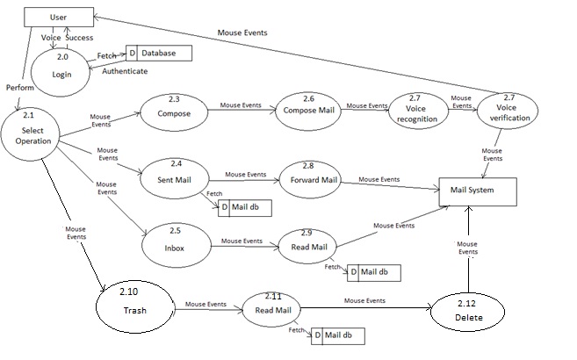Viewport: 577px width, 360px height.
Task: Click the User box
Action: click(x=59, y=17)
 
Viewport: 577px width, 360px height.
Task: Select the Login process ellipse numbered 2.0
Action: click(x=61, y=68)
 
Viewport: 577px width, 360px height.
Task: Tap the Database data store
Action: click(x=159, y=54)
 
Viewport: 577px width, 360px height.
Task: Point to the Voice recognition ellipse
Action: click(x=416, y=111)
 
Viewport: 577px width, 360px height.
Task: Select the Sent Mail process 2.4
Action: click(x=176, y=176)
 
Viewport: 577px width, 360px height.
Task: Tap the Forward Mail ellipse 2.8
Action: click(x=309, y=179)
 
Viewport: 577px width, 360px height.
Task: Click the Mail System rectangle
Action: click(x=478, y=190)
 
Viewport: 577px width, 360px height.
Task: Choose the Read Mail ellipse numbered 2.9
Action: click(x=308, y=247)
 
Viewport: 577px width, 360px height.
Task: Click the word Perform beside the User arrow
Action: click(x=20, y=89)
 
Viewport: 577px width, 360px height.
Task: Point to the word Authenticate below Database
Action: click(x=124, y=70)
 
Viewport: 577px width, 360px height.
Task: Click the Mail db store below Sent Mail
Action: click(x=245, y=207)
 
